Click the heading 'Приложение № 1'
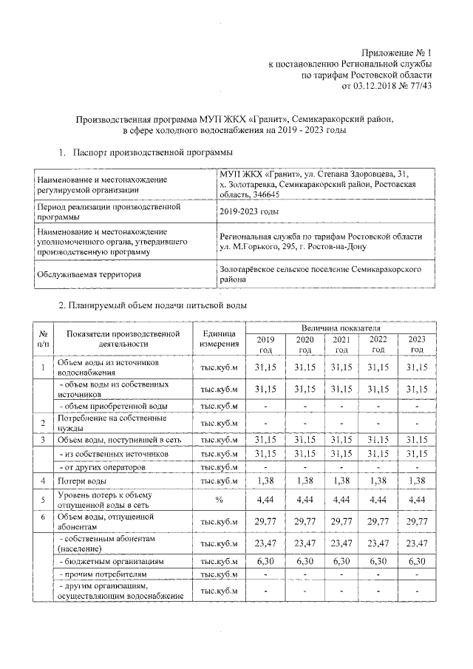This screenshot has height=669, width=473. [x=395, y=52]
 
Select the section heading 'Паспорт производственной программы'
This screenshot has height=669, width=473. [x=152, y=152]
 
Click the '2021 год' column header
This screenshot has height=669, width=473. [x=340, y=344]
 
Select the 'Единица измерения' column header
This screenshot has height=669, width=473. [x=218, y=338]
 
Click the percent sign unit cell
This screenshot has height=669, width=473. [x=218, y=500]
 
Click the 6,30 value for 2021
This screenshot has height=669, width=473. [x=340, y=562]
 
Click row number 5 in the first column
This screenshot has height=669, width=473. [x=44, y=500]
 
